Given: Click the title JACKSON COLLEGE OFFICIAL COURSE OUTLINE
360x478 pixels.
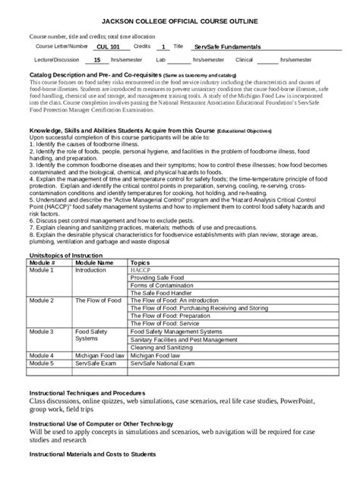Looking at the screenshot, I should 179,22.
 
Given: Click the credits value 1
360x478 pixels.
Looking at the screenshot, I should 164,47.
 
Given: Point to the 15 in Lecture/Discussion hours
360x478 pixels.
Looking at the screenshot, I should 96,59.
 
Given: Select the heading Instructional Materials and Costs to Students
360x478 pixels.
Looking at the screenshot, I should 92,454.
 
